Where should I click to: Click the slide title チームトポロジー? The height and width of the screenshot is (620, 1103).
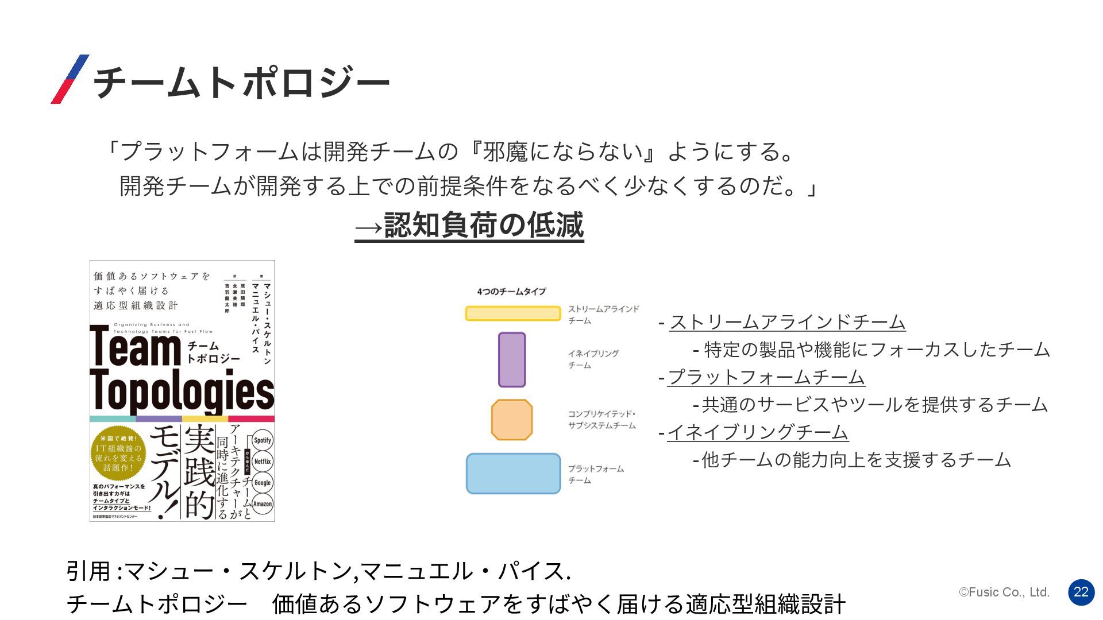pyautogui.click(x=241, y=82)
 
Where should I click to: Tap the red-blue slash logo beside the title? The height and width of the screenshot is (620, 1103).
pyautogui.click(x=70, y=79)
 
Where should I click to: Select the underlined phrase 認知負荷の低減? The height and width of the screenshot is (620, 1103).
pyautogui.click(x=483, y=225)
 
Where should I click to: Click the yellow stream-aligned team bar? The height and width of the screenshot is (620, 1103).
pyautogui.click(x=512, y=313)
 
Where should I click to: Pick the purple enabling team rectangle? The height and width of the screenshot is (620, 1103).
pyautogui.click(x=511, y=359)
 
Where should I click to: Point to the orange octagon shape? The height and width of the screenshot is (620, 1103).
pyautogui.click(x=511, y=420)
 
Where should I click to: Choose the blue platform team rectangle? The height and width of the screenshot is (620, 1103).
pyautogui.click(x=513, y=474)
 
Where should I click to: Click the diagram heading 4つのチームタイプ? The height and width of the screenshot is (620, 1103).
pyautogui.click(x=511, y=292)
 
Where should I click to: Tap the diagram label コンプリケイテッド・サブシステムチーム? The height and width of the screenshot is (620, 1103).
pyautogui.click(x=601, y=420)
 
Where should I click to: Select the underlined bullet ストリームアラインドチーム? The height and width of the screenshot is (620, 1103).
pyautogui.click(x=787, y=322)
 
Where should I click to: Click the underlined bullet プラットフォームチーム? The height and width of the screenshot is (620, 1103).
pyautogui.click(x=766, y=377)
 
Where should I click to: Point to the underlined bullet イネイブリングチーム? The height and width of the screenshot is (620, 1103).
pyautogui.click(x=757, y=432)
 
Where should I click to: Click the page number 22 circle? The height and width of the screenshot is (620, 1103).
pyautogui.click(x=1081, y=592)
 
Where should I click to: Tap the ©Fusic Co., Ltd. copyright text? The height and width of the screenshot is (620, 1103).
pyautogui.click(x=1004, y=592)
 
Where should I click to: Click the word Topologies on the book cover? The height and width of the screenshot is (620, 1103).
pyautogui.click(x=182, y=392)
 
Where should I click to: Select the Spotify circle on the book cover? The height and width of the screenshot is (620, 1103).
pyautogui.click(x=262, y=440)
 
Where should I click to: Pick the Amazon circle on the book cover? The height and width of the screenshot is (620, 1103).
pyautogui.click(x=262, y=504)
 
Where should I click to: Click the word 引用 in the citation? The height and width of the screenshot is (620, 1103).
pyautogui.click(x=88, y=571)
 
